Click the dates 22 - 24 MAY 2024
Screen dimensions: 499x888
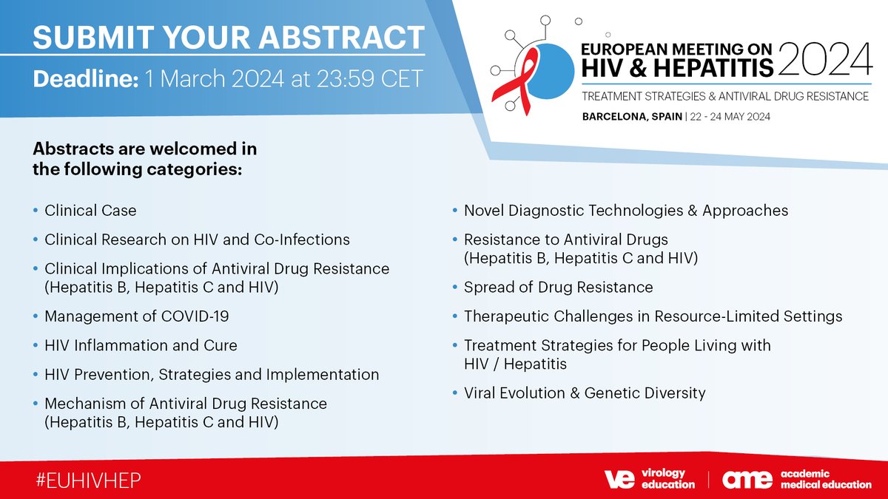pyautogui.click(x=744, y=117)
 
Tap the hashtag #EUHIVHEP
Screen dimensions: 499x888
pyautogui.click(x=87, y=479)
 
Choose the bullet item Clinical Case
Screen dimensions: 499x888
pyautogui.click(x=90, y=211)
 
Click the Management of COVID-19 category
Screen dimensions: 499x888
pyautogui.click(x=137, y=316)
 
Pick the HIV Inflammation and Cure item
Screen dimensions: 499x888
pyautogui.click(x=141, y=345)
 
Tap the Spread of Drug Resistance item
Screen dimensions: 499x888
pyautogui.click(x=558, y=287)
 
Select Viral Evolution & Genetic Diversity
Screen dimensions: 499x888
pyautogui.click(x=585, y=393)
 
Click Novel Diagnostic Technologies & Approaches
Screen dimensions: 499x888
pyautogui.click(x=625, y=211)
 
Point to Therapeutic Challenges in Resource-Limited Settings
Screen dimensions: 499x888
pyautogui.click(x=653, y=316)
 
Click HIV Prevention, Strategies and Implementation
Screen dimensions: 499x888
pyautogui.click(x=212, y=375)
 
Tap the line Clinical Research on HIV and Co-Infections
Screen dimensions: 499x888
pyautogui.click(x=197, y=240)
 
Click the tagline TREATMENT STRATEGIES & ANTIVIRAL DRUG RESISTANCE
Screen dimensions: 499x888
pyautogui.click(x=724, y=97)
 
